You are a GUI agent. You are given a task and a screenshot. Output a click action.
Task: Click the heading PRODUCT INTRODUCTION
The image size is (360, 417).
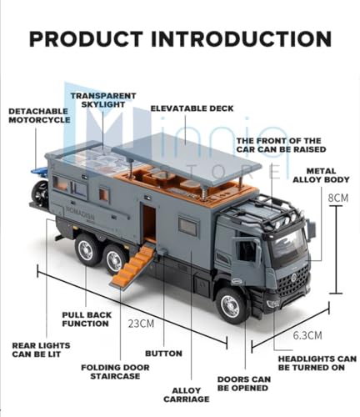[180, 39]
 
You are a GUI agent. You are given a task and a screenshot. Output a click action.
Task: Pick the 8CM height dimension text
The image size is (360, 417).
[337, 198]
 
